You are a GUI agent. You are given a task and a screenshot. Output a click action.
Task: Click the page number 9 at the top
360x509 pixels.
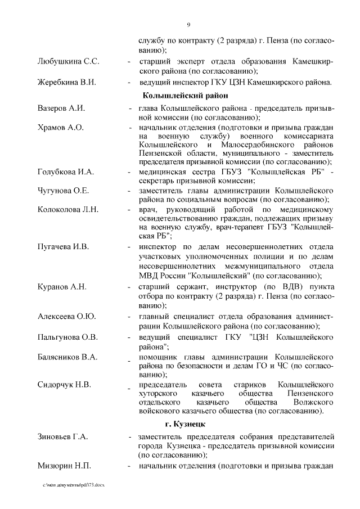(188, 24)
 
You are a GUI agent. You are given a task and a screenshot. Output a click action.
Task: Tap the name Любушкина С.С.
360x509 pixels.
(68, 60)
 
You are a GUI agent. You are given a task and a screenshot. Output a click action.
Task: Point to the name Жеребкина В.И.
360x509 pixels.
(66, 82)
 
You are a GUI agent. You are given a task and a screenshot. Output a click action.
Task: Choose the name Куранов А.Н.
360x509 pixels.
(62, 287)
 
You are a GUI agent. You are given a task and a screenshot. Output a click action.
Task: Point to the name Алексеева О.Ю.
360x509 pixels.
(66, 317)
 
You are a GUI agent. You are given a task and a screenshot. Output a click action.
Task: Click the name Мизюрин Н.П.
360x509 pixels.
(64, 466)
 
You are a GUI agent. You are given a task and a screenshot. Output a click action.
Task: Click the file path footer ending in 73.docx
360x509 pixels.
(73, 485)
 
